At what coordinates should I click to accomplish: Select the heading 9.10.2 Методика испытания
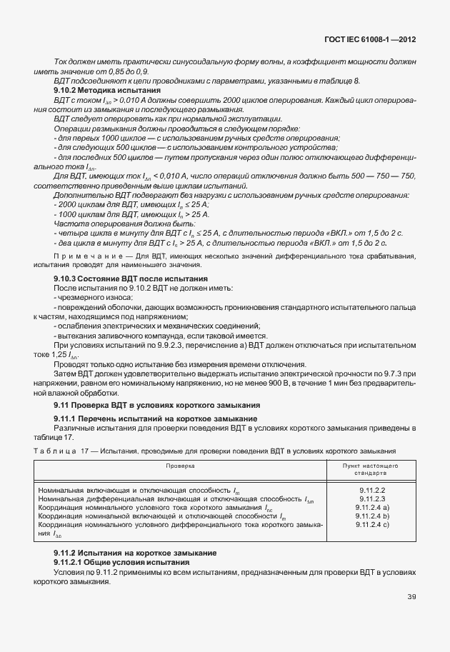point(107,91)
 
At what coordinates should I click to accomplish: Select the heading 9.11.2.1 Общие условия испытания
point(124,563)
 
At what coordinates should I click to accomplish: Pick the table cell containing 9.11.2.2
point(371,491)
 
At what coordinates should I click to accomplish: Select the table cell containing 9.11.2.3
point(371,499)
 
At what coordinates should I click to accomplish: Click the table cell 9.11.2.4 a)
point(371,508)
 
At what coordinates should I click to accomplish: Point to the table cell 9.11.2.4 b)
point(371,516)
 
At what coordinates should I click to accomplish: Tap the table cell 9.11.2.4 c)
point(371,525)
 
